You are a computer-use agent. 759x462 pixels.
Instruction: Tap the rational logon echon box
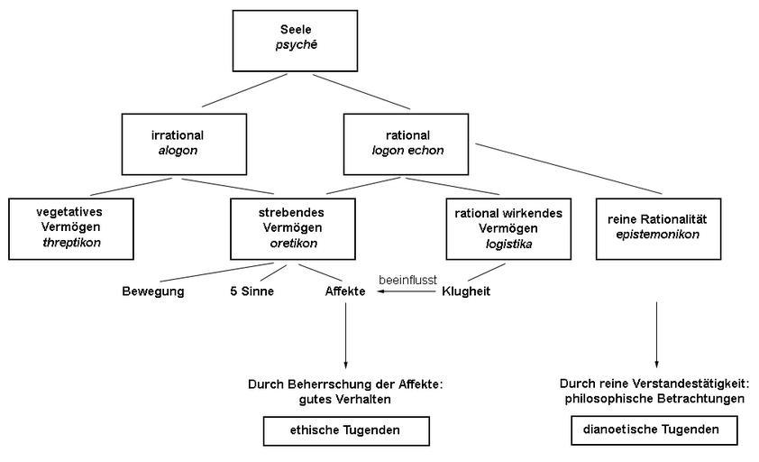[407, 143]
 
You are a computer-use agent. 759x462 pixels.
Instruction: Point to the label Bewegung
[153, 291]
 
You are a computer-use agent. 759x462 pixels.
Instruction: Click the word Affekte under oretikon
[345, 291]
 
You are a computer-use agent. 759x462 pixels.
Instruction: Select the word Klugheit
[466, 291]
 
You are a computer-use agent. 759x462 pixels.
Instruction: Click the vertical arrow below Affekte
[346, 334]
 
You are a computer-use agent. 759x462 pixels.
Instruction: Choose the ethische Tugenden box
[346, 431]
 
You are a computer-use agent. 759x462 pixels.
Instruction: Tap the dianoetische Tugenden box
[654, 430]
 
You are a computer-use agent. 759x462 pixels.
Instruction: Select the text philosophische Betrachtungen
[654, 398]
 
